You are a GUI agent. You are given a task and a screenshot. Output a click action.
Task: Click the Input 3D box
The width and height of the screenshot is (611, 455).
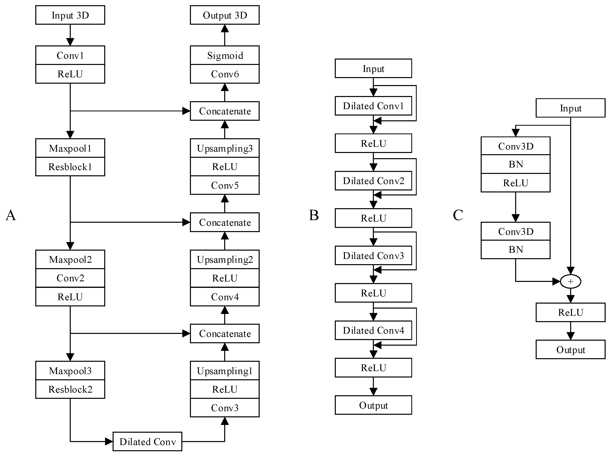pyautogui.click(x=70, y=15)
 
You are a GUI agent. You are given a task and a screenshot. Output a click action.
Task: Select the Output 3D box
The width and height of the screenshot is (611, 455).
pyautogui.click(x=225, y=15)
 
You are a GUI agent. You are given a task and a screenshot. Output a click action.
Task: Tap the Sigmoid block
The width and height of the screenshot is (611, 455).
pyautogui.click(x=225, y=55)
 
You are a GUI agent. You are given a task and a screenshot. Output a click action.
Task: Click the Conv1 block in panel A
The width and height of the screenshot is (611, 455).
pyautogui.click(x=70, y=55)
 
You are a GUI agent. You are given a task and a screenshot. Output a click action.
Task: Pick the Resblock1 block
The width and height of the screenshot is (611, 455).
pyautogui.click(x=70, y=167)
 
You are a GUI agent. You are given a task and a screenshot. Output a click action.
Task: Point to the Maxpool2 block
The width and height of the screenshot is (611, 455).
pyautogui.click(x=70, y=259)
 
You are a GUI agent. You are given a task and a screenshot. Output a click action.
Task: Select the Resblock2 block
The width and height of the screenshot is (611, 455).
pyautogui.click(x=70, y=389)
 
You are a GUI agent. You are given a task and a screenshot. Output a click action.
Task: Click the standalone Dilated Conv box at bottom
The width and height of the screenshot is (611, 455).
pyautogui.click(x=147, y=441)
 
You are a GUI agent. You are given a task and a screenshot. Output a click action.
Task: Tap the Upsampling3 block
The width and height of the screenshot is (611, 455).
pyautogui.click(x=225, y=148)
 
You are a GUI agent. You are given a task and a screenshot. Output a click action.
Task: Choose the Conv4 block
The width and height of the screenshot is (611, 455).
pyautogui.click(x=225, y=297)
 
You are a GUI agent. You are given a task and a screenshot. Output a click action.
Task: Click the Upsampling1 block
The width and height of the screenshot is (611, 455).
pyautogui.click(x=225, y=371)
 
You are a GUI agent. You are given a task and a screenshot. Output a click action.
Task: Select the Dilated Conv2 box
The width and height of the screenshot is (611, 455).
pyautogui.click(x=373, y=181)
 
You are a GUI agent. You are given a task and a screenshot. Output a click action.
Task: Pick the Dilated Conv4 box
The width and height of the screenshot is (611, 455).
pyautogui.click(x=373, y=330)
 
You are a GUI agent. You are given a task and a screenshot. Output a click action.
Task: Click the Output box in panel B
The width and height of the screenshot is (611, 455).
pyautogui.click(x=373, y=405)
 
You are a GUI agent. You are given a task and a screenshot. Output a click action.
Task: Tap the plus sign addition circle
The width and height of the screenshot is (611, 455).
pyautogui.click(x=571, y=281)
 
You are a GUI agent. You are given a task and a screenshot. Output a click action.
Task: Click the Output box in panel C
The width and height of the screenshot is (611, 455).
pyautogui.click(x=571, y=349)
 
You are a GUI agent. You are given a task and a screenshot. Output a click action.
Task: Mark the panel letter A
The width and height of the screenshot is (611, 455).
pyautogui.click(x=11, y=215)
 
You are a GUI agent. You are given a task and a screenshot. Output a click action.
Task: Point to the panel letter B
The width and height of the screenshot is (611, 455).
pyautogui.click(x=314, y=215)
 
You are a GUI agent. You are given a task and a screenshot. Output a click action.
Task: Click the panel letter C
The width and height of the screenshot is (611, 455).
pyautogui.click(x=458, y=215)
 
